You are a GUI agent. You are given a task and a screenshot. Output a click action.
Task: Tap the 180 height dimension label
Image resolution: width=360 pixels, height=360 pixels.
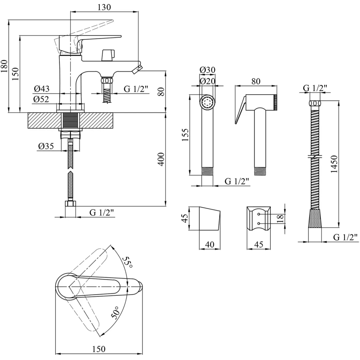click(4, 66)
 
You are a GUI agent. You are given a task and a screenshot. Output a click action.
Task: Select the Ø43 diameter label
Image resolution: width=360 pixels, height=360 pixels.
click(42, 89)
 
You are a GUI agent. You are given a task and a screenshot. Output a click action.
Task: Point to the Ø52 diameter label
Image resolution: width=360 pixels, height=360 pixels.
click(41, 99)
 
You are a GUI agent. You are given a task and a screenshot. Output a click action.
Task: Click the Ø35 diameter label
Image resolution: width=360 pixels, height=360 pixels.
click(46, 146)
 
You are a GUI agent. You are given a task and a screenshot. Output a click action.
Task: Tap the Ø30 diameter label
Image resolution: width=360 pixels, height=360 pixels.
click(207, 70)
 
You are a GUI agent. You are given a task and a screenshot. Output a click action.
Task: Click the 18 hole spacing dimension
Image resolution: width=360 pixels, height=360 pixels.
click(280, 218)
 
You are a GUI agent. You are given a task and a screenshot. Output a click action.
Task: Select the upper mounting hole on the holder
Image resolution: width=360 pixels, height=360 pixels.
click(259, 214)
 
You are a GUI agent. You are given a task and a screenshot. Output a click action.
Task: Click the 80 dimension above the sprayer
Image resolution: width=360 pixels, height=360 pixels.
click(256, 81)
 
